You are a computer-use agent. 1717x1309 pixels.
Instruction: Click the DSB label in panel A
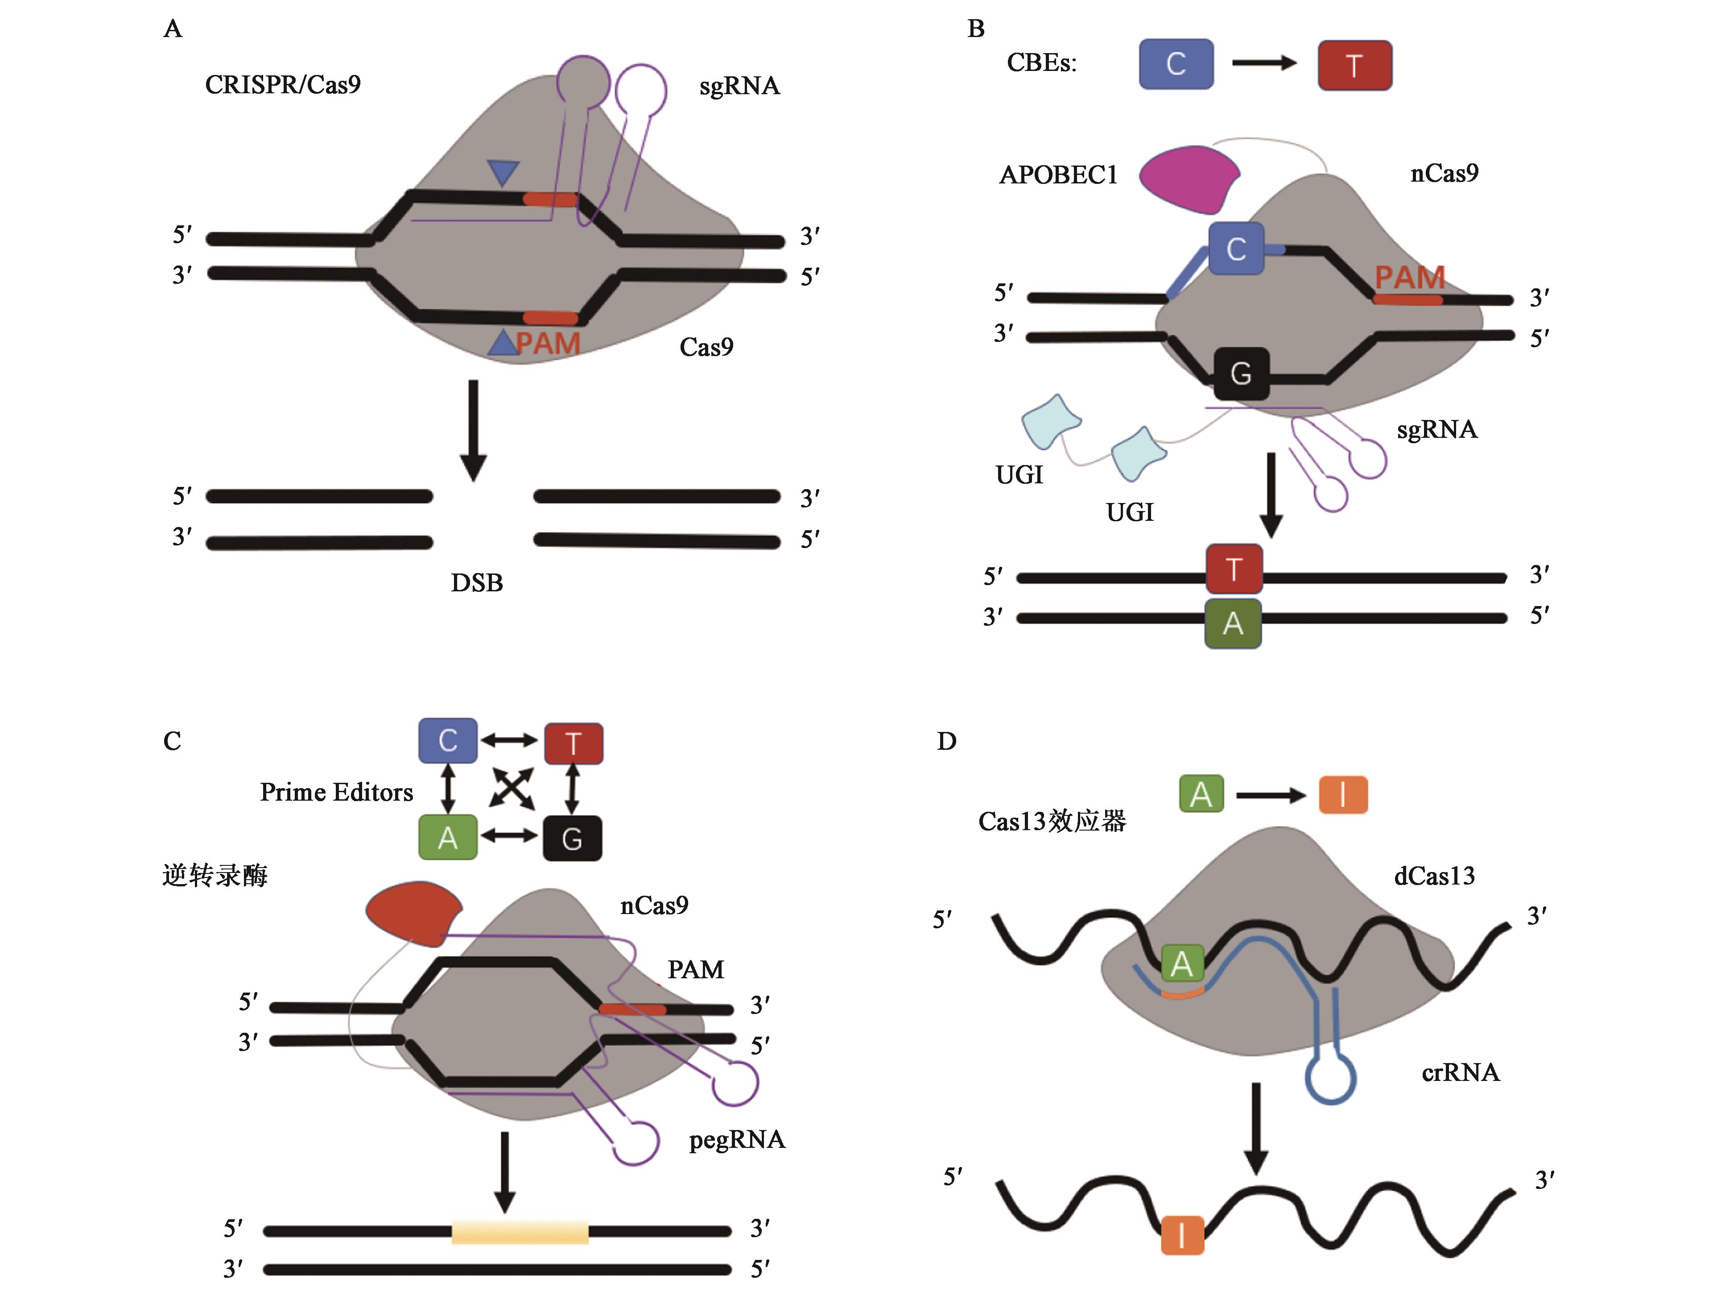tap(477, 583)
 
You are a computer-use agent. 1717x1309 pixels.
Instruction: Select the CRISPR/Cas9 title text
tap(283, 84)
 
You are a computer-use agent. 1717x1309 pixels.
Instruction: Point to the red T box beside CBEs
tap(1354, 66)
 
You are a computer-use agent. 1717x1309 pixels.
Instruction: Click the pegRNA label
tap(737, 1140)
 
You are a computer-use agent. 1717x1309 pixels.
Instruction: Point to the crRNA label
tap(1460, 1073)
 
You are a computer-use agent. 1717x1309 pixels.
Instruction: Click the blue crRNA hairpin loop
tap(1331, 1079)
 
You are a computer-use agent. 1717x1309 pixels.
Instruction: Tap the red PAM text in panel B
tap(1409, 278)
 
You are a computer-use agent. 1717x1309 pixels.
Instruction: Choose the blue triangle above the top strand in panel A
tap(503, 171)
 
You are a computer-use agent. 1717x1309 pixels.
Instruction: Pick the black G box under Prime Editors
tap(572, 839)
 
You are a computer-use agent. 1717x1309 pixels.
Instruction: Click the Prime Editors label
tap(336, 793)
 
